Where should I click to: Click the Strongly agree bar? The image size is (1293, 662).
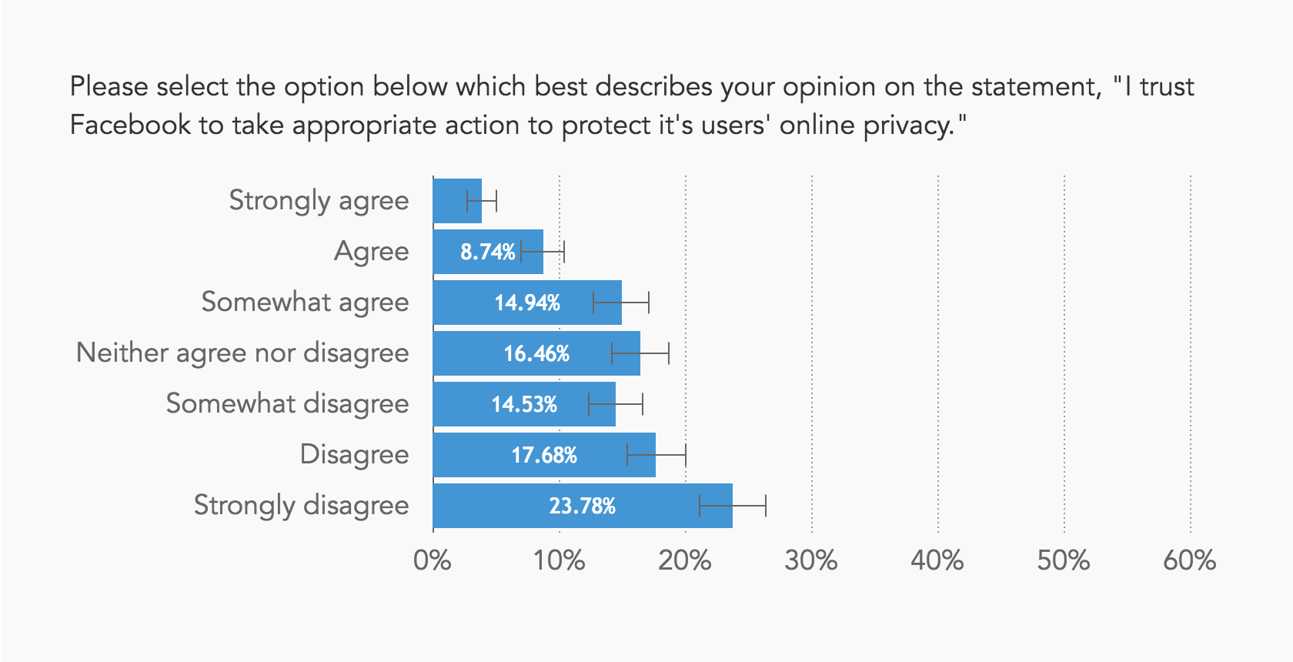click(x=456, y=201)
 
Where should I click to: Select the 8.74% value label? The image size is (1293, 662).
click(x=487, y=252)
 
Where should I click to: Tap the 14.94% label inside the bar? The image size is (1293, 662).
click(x=527, y=303)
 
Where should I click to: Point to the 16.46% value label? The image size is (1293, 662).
click(x=536, y=353)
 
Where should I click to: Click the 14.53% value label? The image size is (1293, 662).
click(x=524, y=404)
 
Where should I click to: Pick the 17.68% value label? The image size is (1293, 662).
click(x=544, y=455)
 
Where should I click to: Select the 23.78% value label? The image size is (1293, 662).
click(x=582, y=506)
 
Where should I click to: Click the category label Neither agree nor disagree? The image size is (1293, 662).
click(x=242, y=353)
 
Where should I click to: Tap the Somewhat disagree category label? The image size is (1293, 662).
click(x=287, y=404)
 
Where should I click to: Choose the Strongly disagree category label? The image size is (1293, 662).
click(x=301, y=506)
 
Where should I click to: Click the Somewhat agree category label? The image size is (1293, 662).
click(x=305, y=303)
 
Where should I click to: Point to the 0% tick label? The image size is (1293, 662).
click(x=432, y=560)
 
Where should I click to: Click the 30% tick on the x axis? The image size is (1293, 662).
click(x=810, y=560)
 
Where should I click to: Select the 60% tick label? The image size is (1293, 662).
click(x=1189, y=560)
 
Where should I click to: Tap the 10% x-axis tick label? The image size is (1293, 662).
click(x=559, y=560)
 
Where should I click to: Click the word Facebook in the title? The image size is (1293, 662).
click(x=130, y=125)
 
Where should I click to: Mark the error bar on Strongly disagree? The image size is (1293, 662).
click(x=732, y=506)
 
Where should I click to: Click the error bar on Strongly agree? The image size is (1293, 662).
click(x=482, y=201)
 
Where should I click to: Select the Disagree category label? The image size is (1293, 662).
click(x=354, y=455)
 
